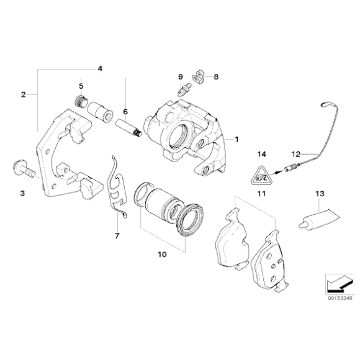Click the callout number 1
235,140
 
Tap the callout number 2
23,94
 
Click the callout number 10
162,254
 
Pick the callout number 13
319,194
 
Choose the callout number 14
261,153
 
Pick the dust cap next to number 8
198,77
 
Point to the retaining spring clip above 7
116,186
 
